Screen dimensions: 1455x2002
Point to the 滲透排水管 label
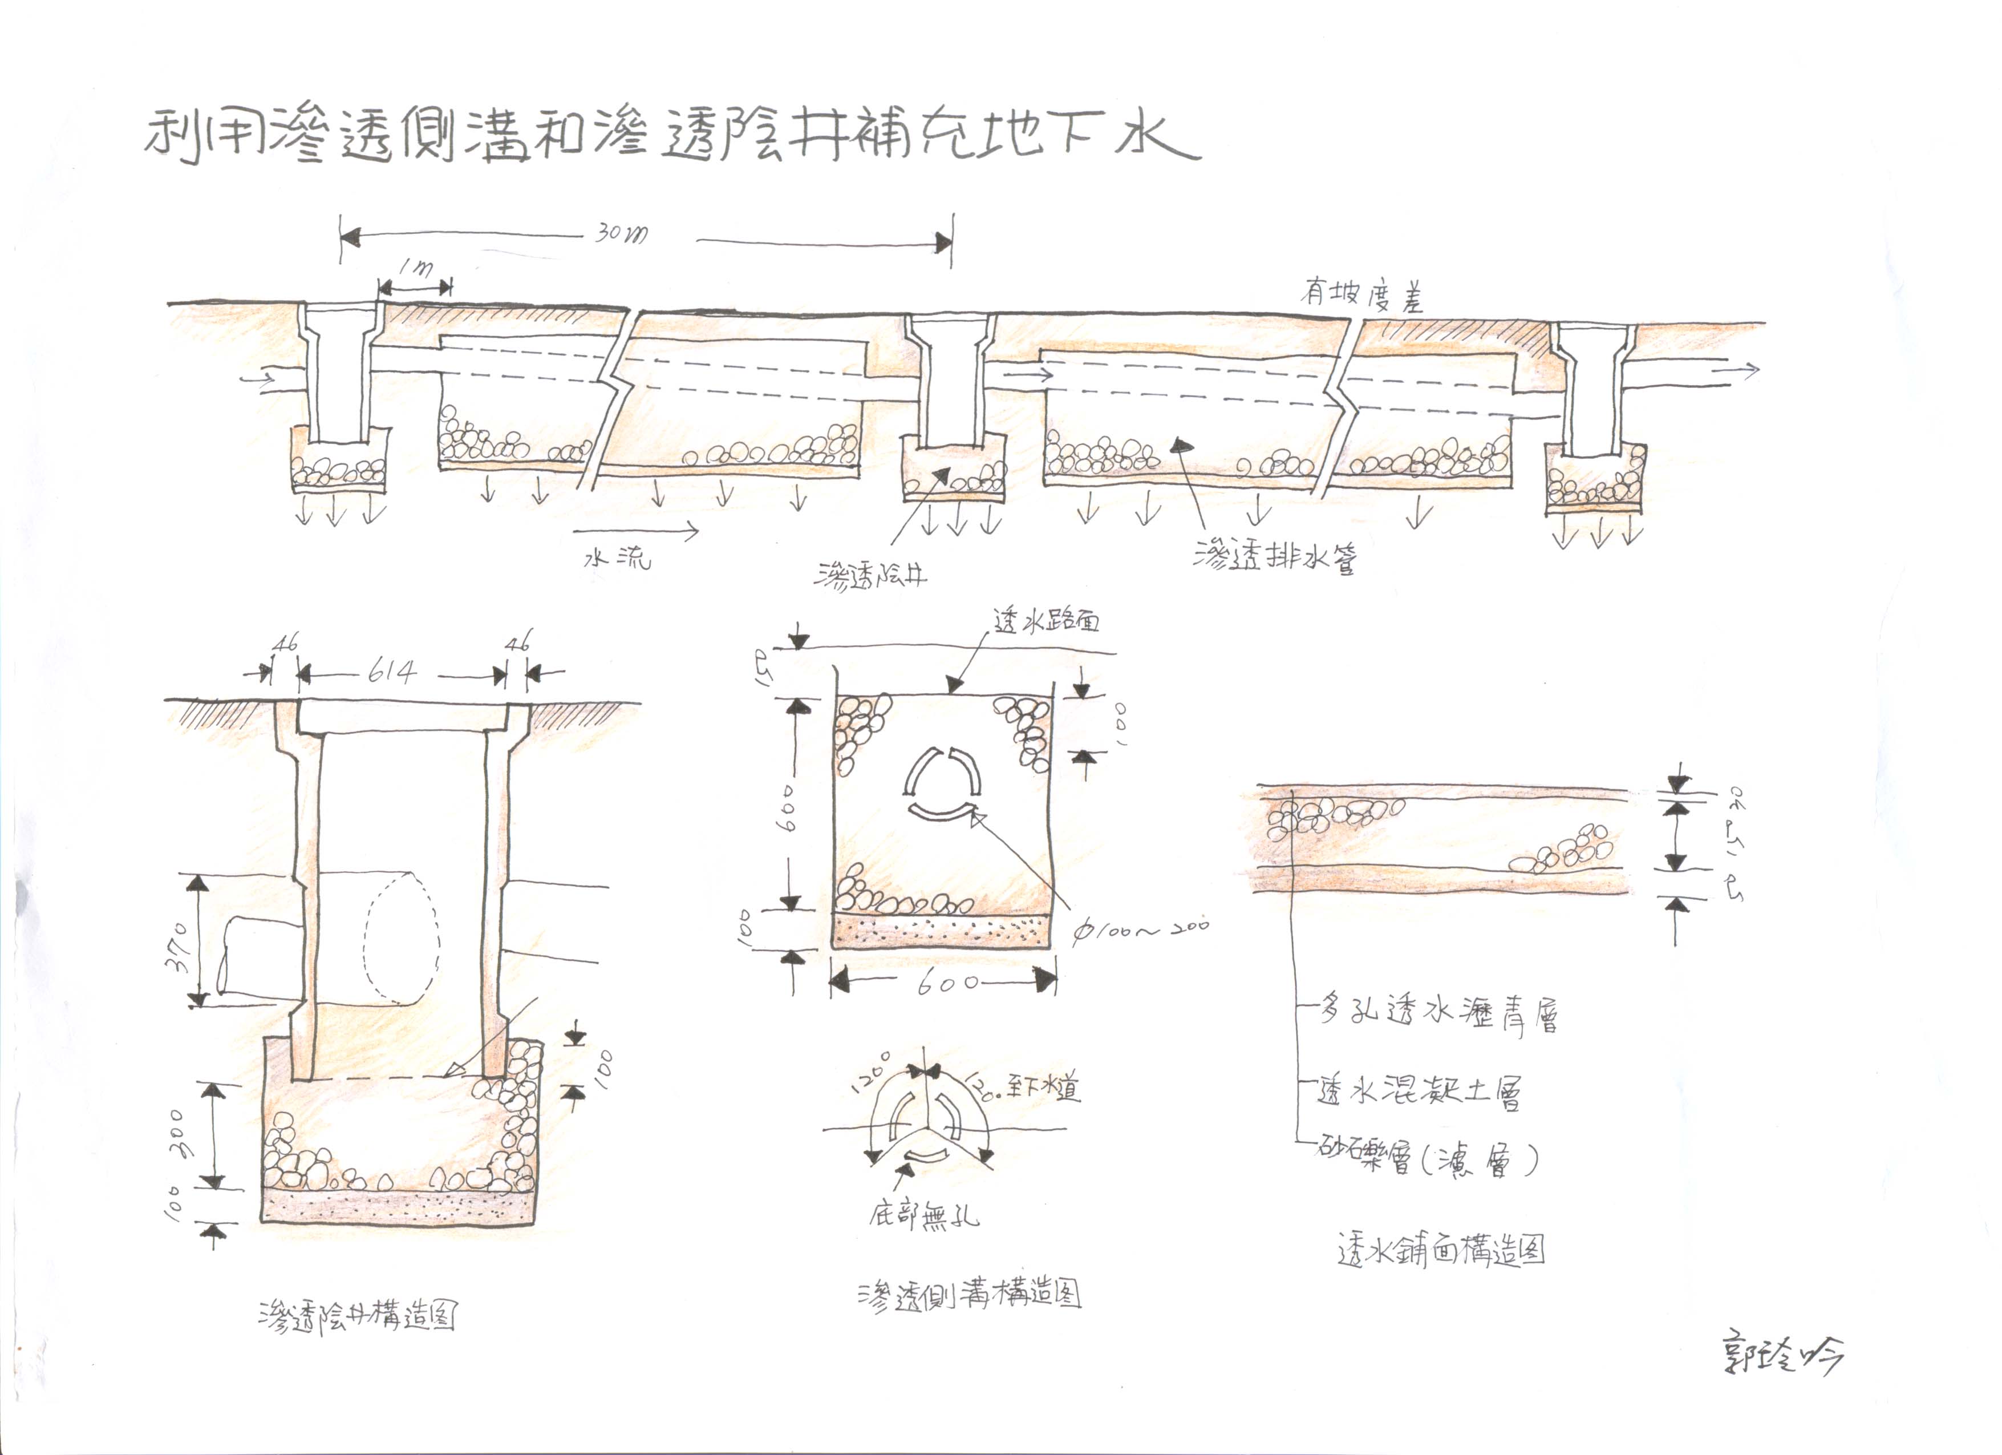point(1275,555)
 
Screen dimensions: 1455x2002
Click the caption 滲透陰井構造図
point(358,1316)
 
